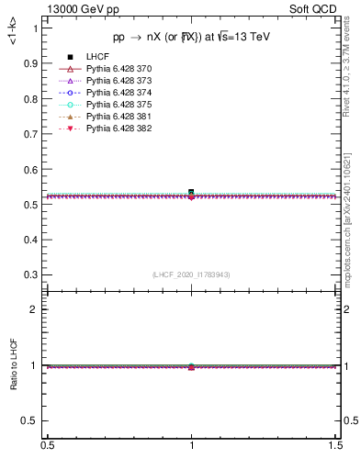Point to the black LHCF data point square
coord(191,192)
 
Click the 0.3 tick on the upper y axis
coord(32,274)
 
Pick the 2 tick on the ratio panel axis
coord(37,309)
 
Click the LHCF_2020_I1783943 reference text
coord(191,275)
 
